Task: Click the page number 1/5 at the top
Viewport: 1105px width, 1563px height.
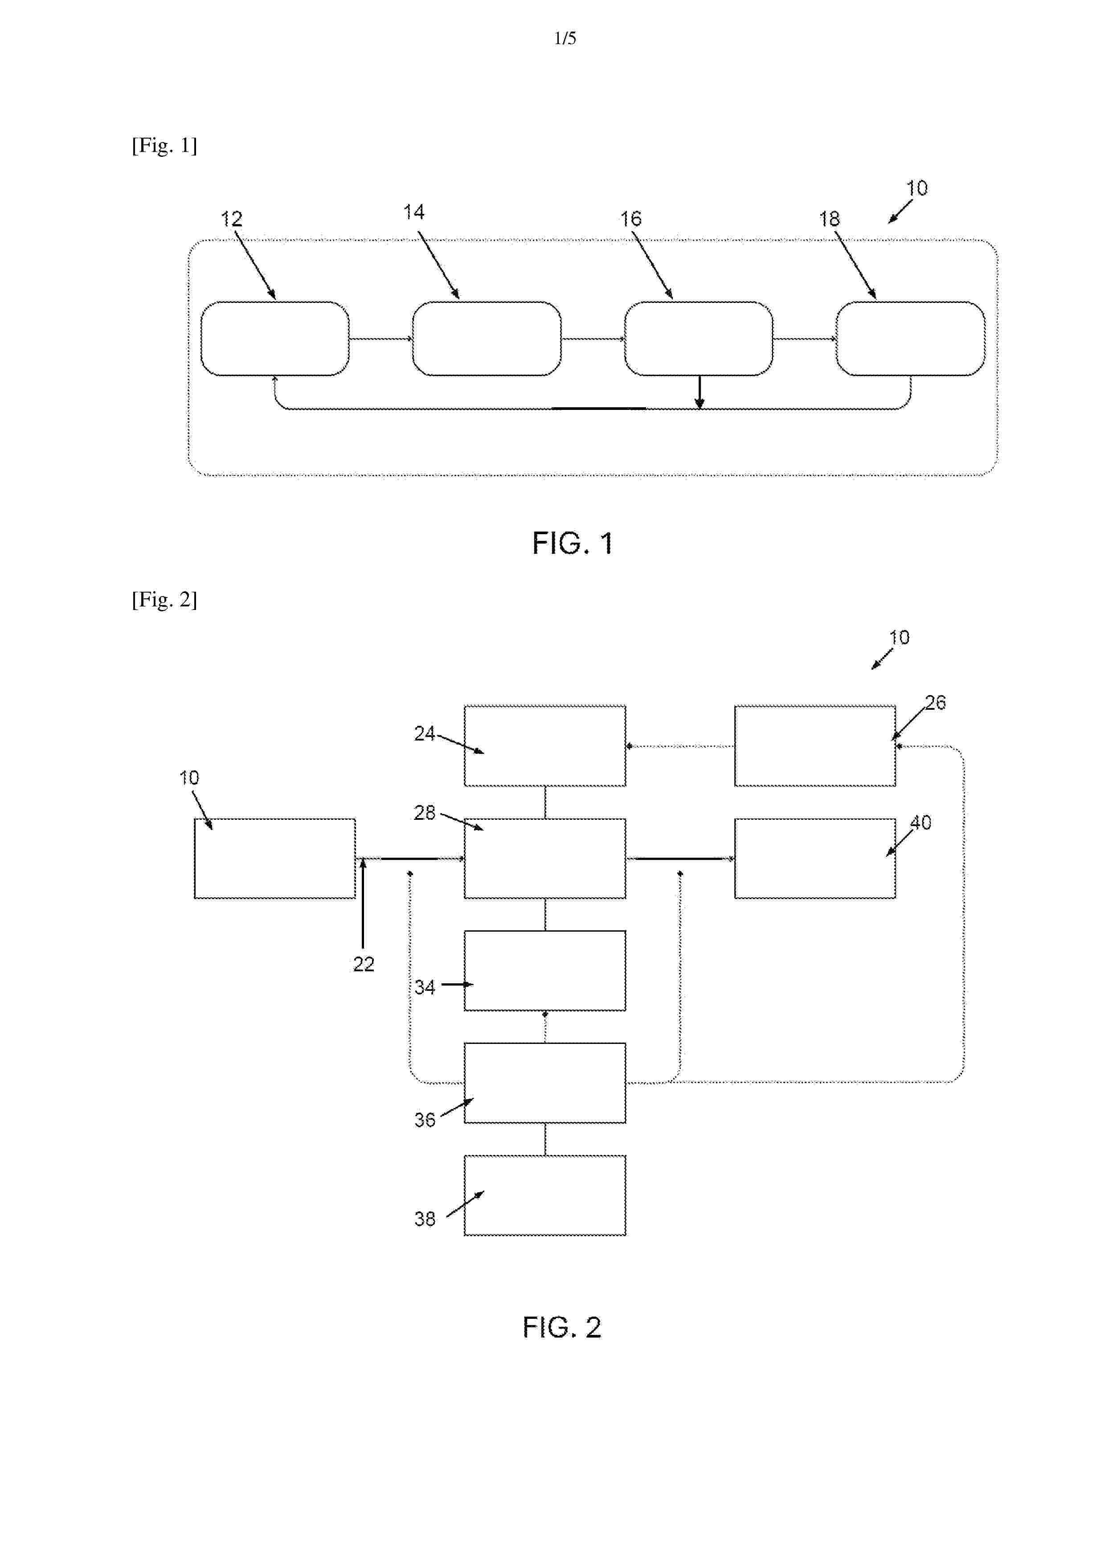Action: [565, 38]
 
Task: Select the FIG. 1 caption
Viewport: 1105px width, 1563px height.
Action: [573, 543]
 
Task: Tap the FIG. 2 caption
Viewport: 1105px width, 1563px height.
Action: [562, 1327]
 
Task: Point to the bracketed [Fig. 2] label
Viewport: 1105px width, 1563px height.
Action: [164, 599]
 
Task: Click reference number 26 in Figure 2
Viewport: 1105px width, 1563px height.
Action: [936, 703]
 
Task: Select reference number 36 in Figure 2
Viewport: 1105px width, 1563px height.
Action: [425, 1120]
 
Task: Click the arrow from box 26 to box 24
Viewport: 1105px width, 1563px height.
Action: [680, 746]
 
